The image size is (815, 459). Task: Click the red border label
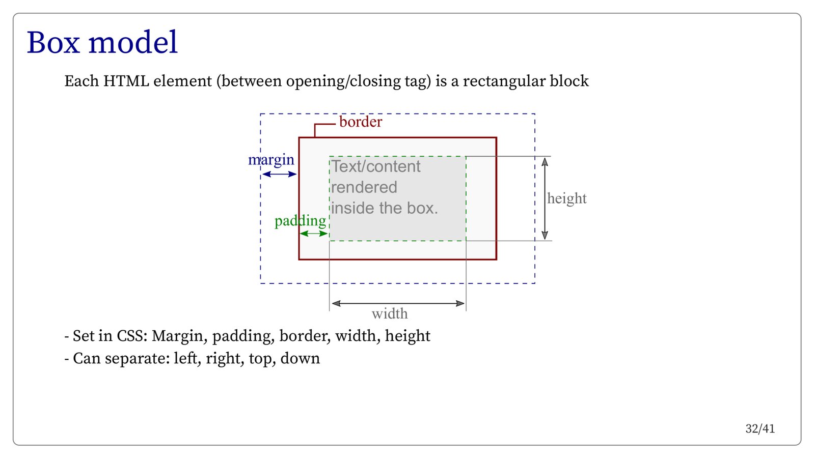point(360,122)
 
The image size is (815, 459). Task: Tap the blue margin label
point(271,160)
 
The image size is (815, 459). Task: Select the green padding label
point(300,221)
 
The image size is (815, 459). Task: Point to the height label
point(566,198)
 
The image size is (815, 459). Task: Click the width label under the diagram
point(390,313)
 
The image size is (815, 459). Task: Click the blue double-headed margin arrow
point(279,174)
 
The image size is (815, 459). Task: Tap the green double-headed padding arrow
point(314,234)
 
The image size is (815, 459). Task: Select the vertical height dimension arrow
point(545,198)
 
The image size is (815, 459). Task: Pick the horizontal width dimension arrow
point(398,303)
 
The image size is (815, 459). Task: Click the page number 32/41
point(760,429)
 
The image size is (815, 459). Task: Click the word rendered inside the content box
point(364,187)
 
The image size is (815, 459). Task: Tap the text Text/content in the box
point(376,166)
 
